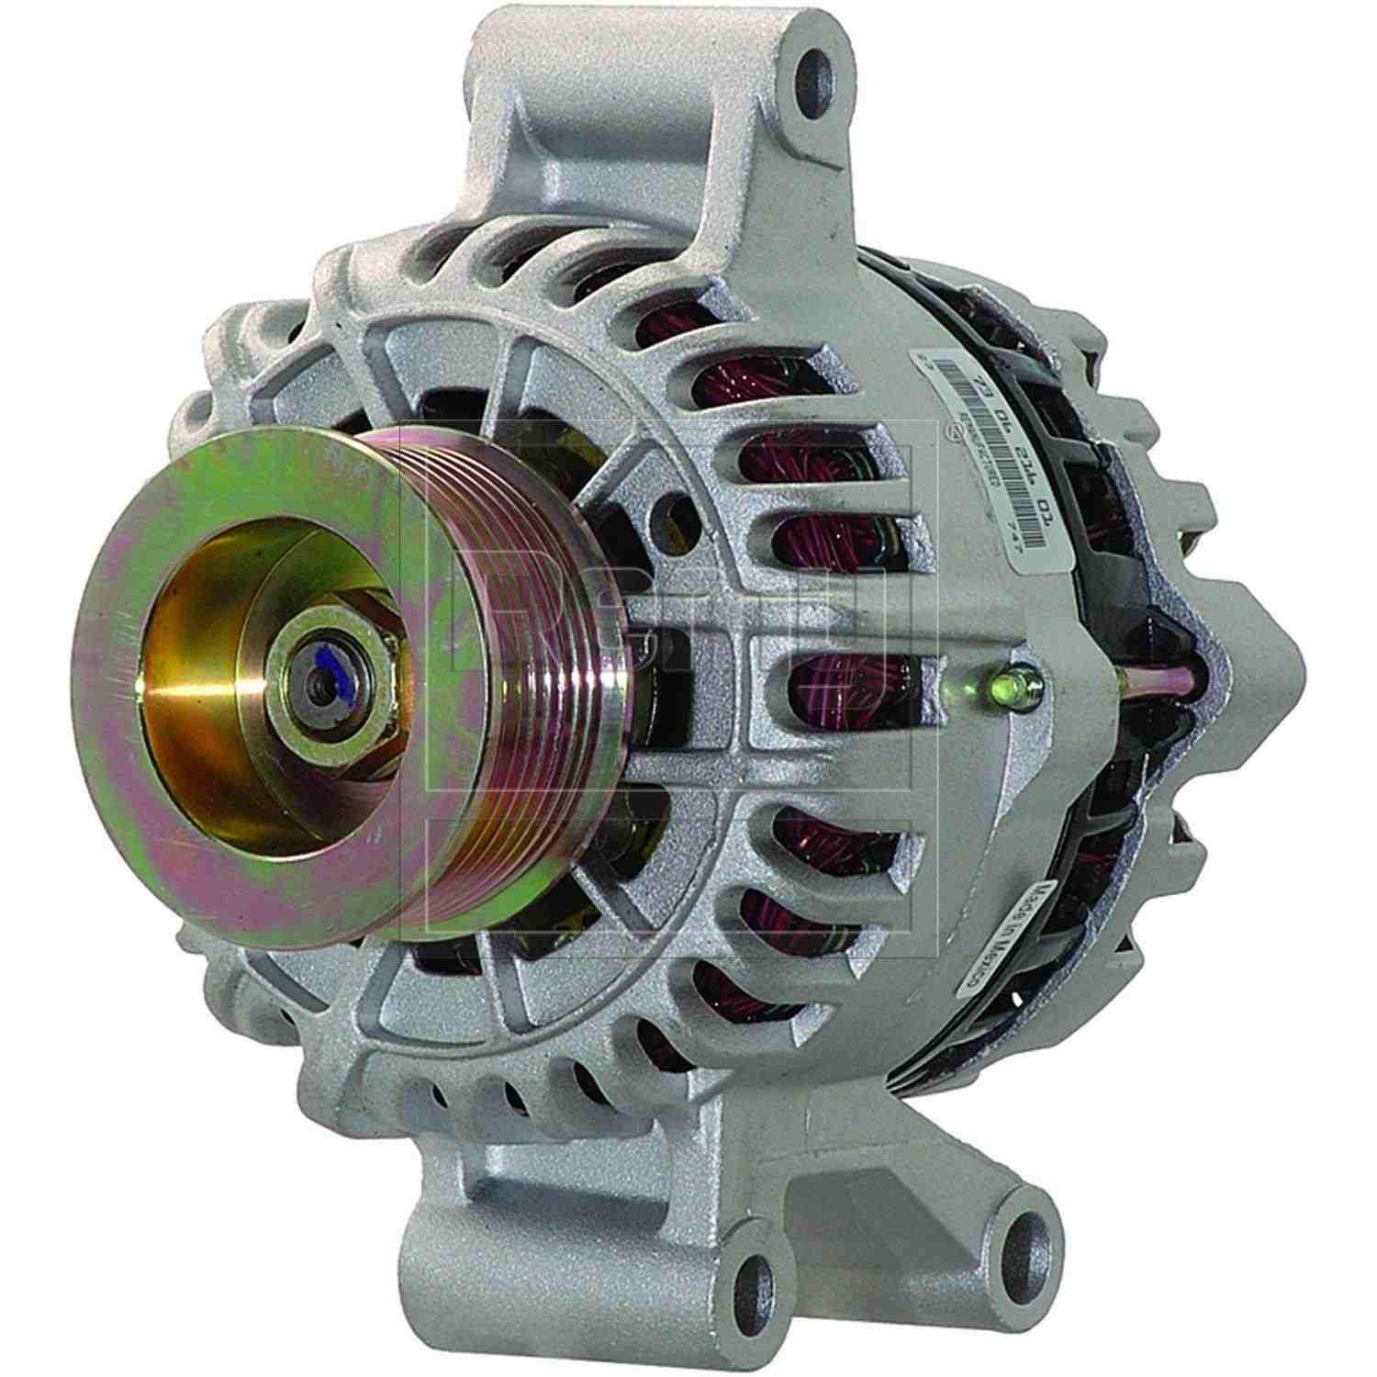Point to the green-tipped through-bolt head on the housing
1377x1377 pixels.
point(1024,686)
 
